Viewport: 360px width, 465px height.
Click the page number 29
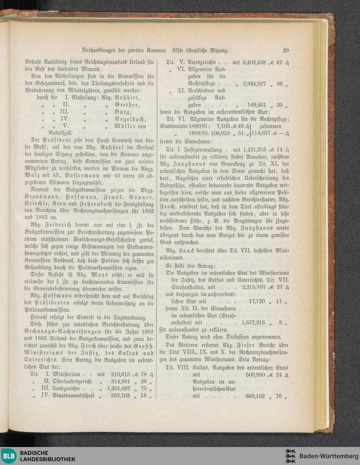coord(286,51)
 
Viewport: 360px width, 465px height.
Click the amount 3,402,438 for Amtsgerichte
coord(254,63)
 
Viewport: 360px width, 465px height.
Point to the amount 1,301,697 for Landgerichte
coord(118,389)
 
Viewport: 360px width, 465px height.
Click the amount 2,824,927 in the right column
coord(254,84)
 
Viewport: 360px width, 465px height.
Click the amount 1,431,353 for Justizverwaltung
coord(254,149)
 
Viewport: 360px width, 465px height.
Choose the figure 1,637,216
coord(254,323)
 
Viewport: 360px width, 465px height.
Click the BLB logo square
coord(9,456)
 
